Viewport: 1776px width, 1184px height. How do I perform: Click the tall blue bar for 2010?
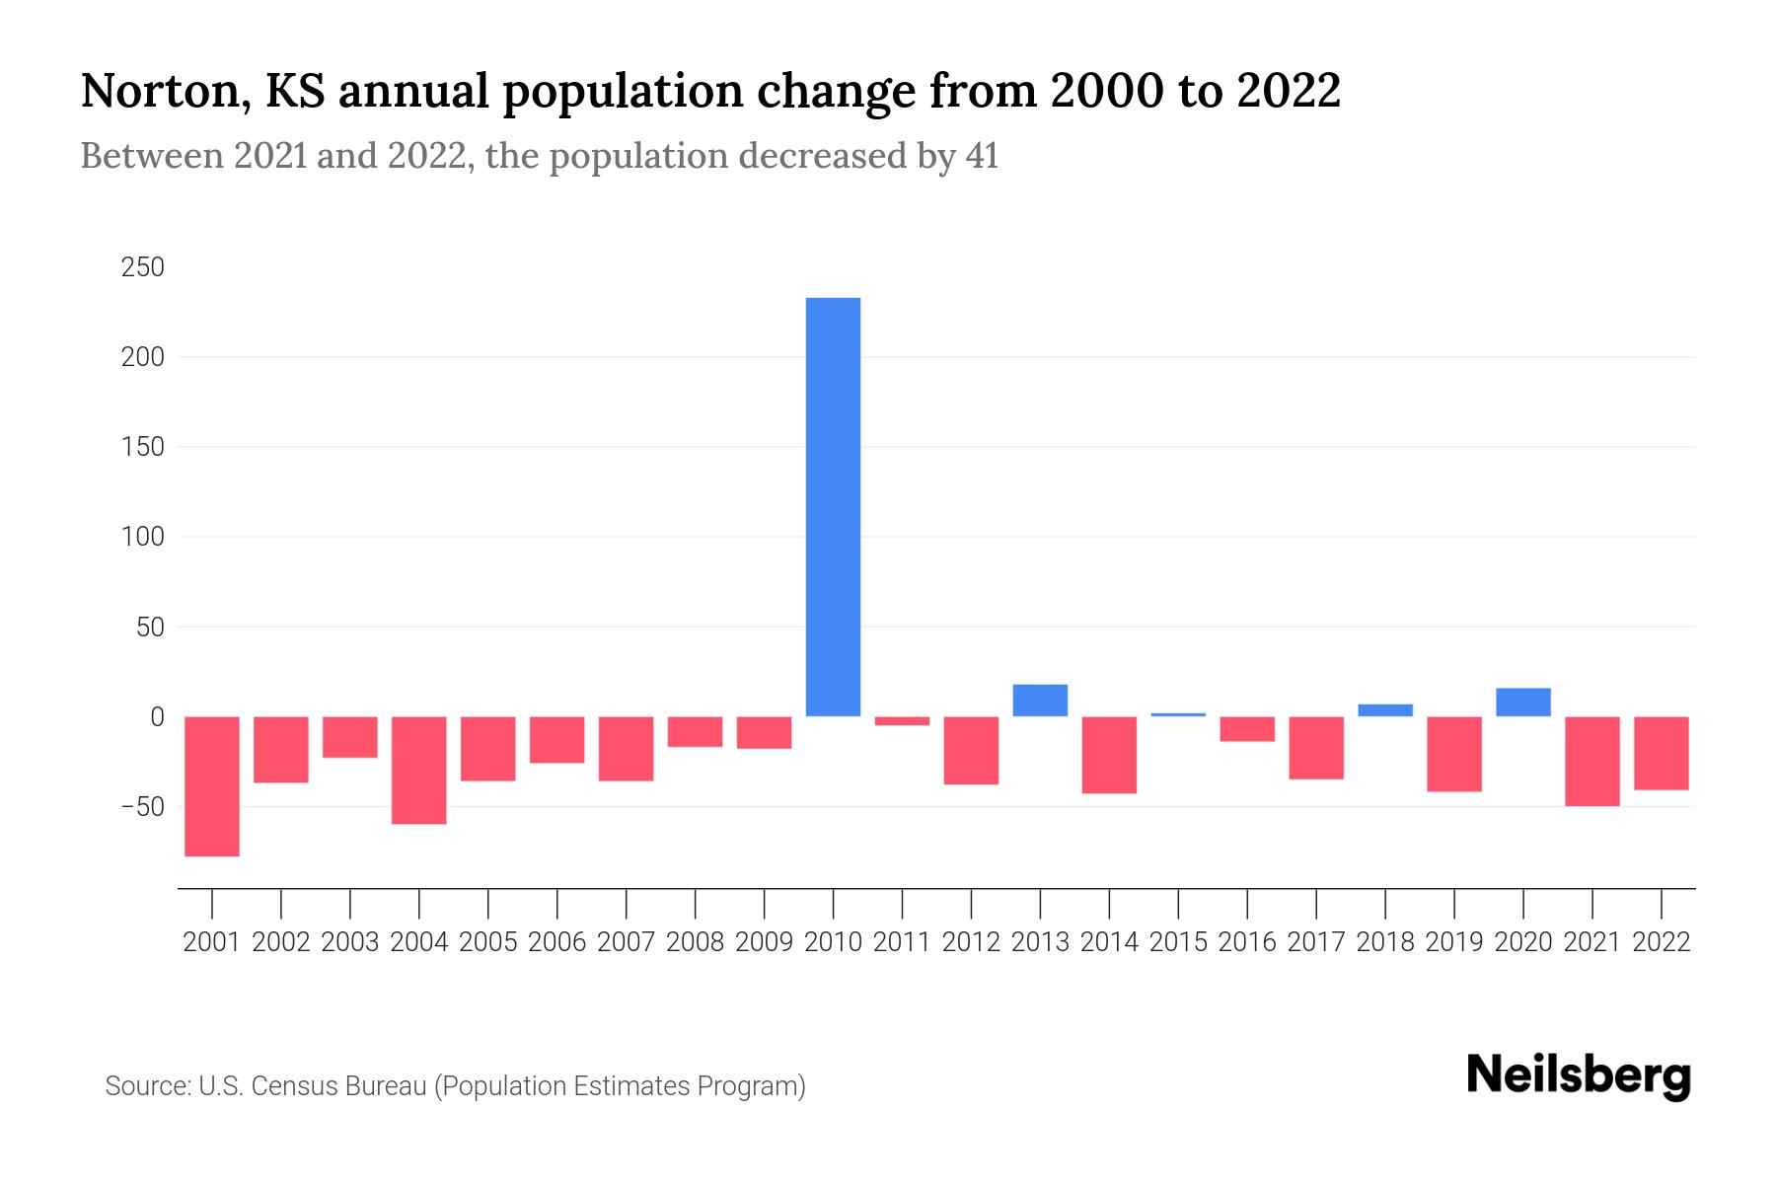[x=833, y=507]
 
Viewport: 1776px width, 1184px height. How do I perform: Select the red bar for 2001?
[x=212, y=786]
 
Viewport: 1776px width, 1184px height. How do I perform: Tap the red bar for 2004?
[x=419, y=770]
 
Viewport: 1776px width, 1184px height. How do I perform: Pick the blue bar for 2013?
[x=1040, y=701]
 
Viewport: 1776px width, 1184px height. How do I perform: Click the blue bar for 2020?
[x=1522, y=703]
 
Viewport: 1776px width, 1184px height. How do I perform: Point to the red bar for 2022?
[x=1661, y=753]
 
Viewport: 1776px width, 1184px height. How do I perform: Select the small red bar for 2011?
[x=902, y=721]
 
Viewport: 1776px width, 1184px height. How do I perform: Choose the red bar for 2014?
[x=1109, y=755]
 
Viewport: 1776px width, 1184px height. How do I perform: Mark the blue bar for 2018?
[x=1385, y=710]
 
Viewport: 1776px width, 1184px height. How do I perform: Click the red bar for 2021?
[x=1591, y=761]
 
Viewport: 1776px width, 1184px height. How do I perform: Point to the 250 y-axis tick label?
[x=143, y=267]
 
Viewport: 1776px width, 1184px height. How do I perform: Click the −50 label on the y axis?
[x=143, y=807]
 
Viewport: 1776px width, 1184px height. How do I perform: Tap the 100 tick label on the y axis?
[x=143, y=538]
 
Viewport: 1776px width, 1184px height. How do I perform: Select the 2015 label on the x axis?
[x=1178, y=942]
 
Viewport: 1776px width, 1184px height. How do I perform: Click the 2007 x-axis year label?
[x=626, y=942]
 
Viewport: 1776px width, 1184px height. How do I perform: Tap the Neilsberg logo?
[x=1579, y=1075]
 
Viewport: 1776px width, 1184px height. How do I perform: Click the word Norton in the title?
[x=156, y=91]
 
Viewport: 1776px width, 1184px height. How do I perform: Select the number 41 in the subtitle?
[x=982, y=156]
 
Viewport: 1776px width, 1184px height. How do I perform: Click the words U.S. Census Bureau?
[x=313, y=1086]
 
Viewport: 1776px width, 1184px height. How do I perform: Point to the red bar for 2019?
[x=1453, y=754]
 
